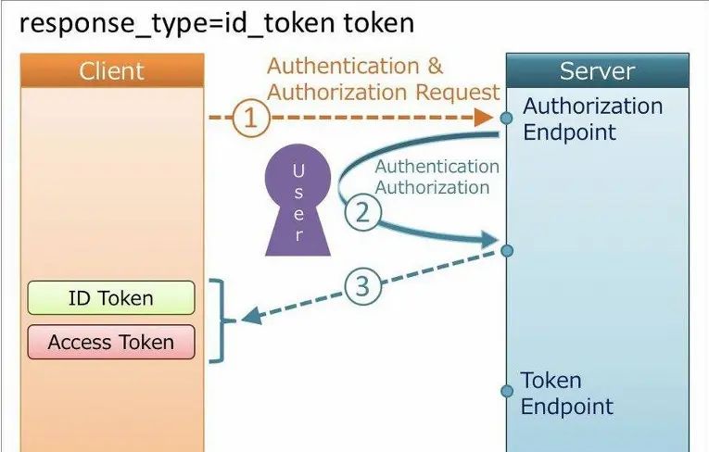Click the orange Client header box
point(111,70)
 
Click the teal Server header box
point(598,70)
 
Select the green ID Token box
point(111,298)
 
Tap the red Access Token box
point(111,342)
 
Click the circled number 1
point(250,118)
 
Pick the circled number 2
point(363,212)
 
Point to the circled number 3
point(363,286)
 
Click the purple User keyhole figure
point(298,203)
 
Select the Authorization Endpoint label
point(592,119)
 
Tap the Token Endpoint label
point(566,393)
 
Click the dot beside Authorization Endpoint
point(506,118)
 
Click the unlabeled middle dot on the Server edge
point(506,250)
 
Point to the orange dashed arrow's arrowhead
point(483,118)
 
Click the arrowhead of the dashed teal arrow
point(251,319)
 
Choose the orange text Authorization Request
point(383,92)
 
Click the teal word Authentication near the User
point(436,167)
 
